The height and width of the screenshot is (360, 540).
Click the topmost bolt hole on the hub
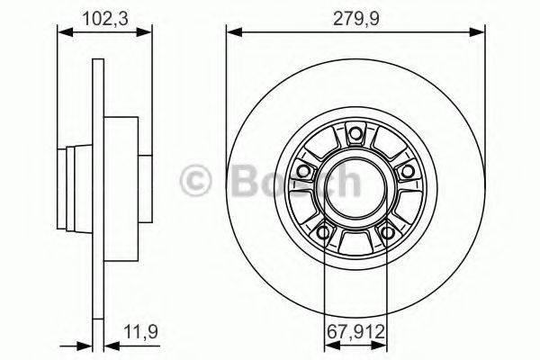coord(355,136)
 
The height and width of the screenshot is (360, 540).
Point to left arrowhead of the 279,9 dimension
coord(231,31)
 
